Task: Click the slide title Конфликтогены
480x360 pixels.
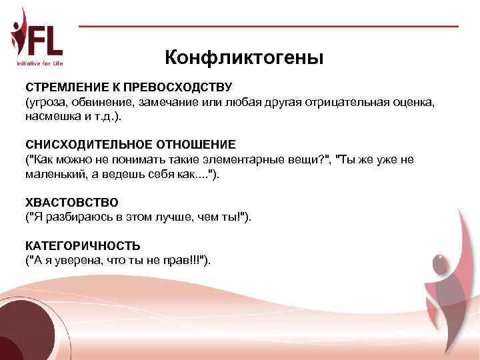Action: pyautogui.click(x=244, y=58)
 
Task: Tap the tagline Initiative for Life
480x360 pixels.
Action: pyautogui.click(x=39, y=63)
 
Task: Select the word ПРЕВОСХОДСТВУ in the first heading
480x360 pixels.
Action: pyautogui.click(x=181, y=88)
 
